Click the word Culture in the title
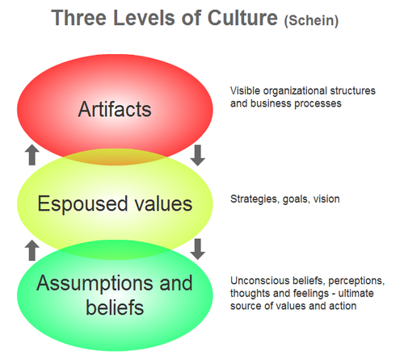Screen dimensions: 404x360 click(242, 18)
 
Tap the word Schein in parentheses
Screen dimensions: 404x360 click(311, 21)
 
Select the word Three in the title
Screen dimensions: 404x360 click(78, 18)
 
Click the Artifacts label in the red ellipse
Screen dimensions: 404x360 click(115, 109)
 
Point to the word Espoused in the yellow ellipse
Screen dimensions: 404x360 click(82, 204)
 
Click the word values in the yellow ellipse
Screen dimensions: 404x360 click(163, 203)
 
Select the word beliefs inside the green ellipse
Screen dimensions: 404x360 click(115, 308)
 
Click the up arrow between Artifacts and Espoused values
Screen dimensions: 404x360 click(32, 155)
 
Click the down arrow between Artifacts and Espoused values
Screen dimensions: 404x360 click(197, 156)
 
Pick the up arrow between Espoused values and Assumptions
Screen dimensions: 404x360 click(32, 250)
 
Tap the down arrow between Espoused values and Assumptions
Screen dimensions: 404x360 click(197, 249)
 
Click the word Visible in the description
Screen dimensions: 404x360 click(245, 91)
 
